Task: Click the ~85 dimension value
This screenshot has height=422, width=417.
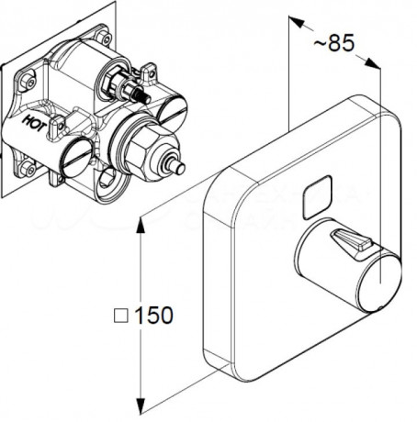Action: [333, 42]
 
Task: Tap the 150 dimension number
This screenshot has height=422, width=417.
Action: [153, 315]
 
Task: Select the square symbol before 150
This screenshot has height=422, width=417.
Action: [120, 316]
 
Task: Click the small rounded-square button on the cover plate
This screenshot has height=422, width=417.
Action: [317, 197]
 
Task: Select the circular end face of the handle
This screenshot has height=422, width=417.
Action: [380, 282]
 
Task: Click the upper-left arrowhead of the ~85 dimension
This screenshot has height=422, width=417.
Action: [297, 22]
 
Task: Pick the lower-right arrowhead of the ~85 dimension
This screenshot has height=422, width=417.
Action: [372, 62]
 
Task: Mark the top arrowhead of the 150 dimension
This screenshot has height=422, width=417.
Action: [141, 225]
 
